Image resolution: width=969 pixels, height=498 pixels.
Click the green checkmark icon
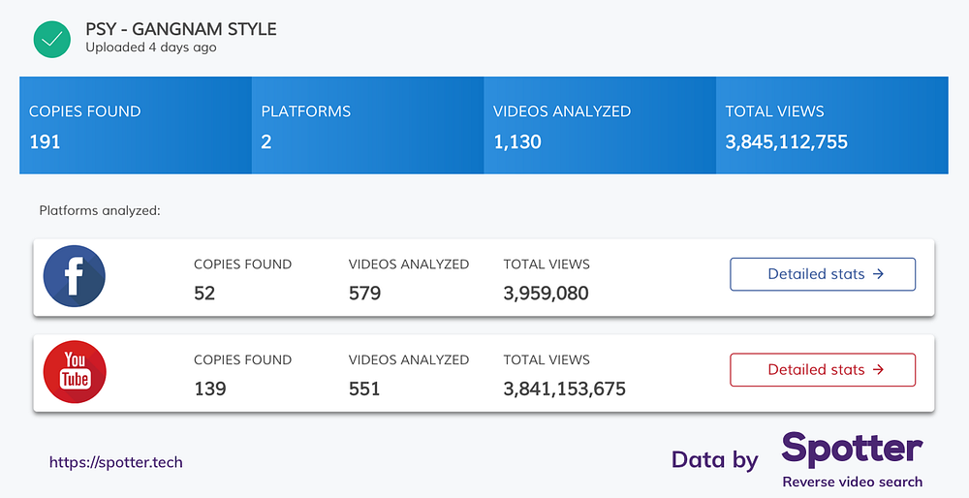pos(52,39)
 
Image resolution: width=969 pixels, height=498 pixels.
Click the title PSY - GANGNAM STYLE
pos(181,29)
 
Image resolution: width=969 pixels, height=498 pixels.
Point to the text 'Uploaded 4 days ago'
pos(151,47)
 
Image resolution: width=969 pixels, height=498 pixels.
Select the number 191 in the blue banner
pos(46,142)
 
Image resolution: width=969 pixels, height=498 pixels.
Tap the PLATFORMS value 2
pos(266,142)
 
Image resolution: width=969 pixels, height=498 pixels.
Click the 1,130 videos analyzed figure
pos(517,142)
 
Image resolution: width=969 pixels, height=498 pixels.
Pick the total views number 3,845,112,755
pos(786,142)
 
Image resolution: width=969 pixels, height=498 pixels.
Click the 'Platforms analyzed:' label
pos(100,210)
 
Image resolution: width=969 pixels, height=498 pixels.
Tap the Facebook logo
pos(75,276)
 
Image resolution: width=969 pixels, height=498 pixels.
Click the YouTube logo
pos(75,372)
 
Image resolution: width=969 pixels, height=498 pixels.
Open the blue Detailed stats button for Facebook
pos(823,274)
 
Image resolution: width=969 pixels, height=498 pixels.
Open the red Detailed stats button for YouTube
pos(823,369)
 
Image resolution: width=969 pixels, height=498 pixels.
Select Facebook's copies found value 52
pos(204,293)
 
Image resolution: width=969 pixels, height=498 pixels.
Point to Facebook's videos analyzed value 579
pos(364,293)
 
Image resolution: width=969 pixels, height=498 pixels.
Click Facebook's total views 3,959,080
pos(546,293)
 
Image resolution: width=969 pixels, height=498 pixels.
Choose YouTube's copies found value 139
pos(210,389)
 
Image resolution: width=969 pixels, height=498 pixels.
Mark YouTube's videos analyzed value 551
pos(364,389)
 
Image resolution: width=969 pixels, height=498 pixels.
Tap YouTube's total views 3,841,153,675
pos(564,389)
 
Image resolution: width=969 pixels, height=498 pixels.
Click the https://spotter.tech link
pos(116,462)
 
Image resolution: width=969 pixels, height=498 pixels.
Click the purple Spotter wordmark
pos(852,451)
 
